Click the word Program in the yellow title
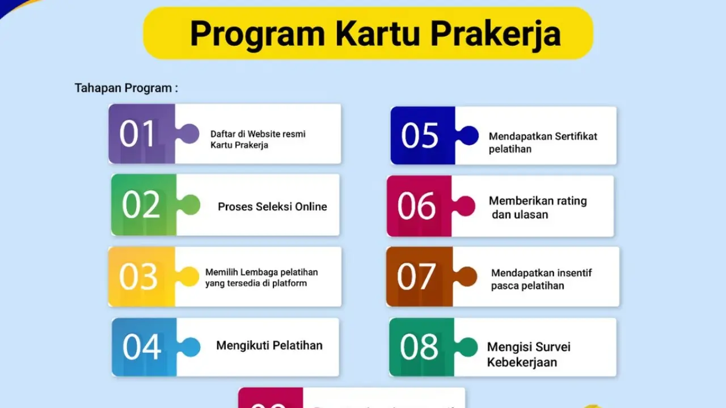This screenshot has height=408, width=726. [x=258, y=34]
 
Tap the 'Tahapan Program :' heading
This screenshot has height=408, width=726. [x=126, y=88]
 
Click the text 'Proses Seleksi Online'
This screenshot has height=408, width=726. [x=272, y=207]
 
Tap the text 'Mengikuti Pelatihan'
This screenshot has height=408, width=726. [x=269, y=345]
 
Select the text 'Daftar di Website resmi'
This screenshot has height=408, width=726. [x=258, y=134]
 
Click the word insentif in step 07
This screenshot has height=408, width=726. [x=569, y=273]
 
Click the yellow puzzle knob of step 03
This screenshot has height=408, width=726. [x=188, y=277]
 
